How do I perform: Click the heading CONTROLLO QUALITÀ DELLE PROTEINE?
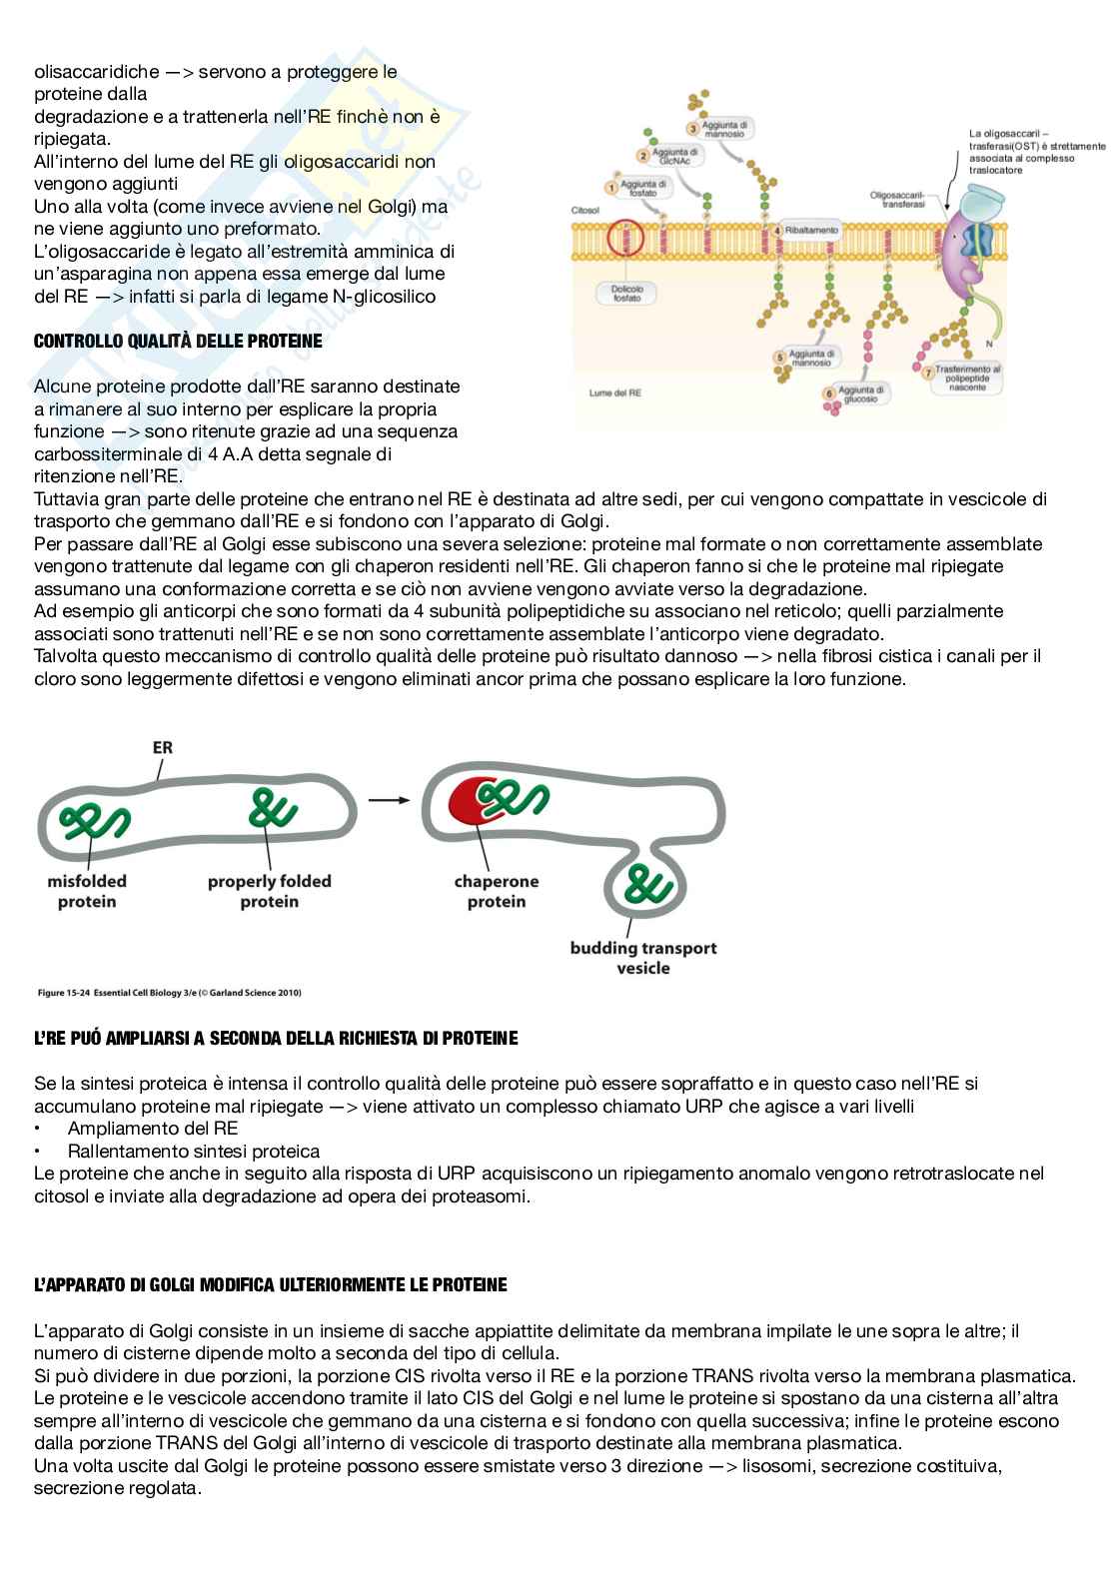(x=178, y=342)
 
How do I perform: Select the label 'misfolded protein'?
(x=87, y=892)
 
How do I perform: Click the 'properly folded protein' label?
(x=269, y=892)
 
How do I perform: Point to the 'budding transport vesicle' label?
(x=643, y=958)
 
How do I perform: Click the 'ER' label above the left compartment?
(x=163, y=747)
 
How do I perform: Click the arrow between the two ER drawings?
(x=390, y=799)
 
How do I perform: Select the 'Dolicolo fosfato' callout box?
(x=626, y=294)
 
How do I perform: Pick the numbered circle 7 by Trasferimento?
(x=927, y=373)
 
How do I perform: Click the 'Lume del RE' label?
(x=615, y=393)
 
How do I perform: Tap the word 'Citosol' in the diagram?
(x=584, y=211)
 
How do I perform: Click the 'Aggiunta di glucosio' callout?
(x=860, y=394)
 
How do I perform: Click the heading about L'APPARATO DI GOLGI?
(x=270, y=1285)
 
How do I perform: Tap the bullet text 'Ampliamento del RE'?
(x=152, y=1129)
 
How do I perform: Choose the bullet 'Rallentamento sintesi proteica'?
(x=194, y=1152)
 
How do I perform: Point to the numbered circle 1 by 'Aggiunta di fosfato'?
(x=610, y=187)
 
